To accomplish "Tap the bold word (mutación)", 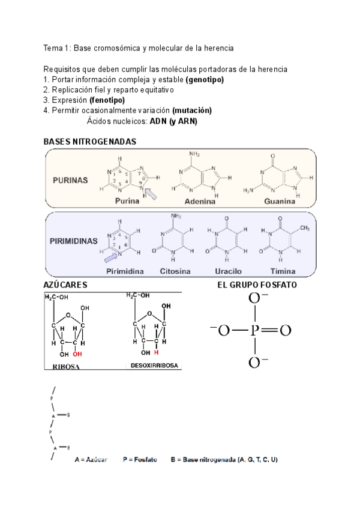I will [x=191, y=110].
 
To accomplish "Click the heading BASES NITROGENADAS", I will [x=90, y=142].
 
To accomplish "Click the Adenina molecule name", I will [x=200, y=202].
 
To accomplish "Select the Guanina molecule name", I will [x=280, y=202].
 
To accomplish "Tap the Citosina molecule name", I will [x=175, y=271].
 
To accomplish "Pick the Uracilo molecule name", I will [x=223, y=271].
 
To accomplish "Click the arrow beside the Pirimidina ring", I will [x=110, y=258].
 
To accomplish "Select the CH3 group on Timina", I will [x=304, y=228].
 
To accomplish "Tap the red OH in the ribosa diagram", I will [x=77, y=354].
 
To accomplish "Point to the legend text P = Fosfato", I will [x=140, y=460].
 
